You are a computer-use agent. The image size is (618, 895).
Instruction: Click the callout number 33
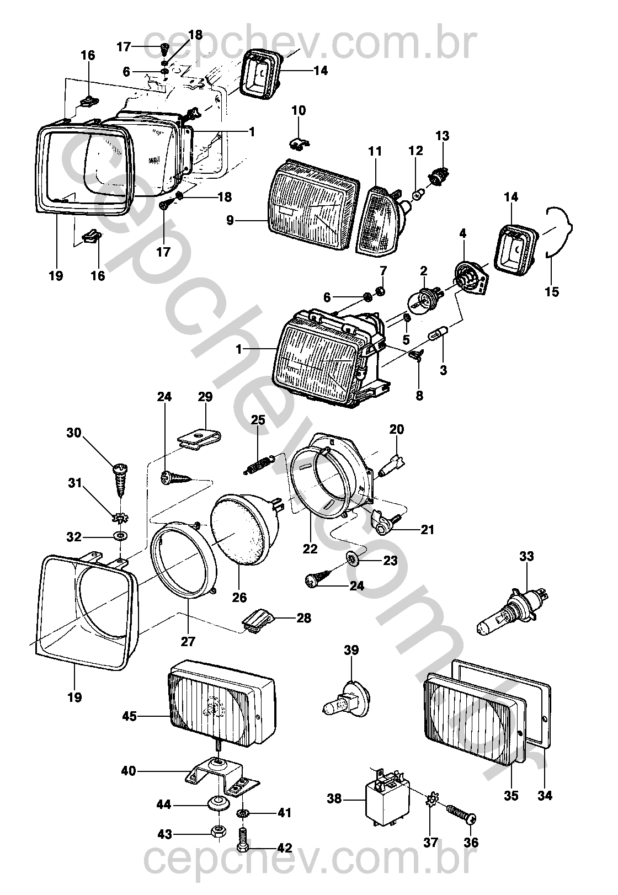[x=526, y=556]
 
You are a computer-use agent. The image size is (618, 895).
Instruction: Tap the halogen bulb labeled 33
[x=513, y=612]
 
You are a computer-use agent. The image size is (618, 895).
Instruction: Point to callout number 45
[x=129, y=717]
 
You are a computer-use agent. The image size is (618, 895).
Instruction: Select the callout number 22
[x=310, y=548]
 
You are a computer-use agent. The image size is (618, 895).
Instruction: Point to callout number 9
[x=231, y=221]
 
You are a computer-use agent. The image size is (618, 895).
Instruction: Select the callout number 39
[x=351, y=650]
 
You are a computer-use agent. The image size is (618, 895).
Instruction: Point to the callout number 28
[x=303, y=618]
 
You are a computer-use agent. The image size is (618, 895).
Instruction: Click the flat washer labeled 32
[x=120, y=536]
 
